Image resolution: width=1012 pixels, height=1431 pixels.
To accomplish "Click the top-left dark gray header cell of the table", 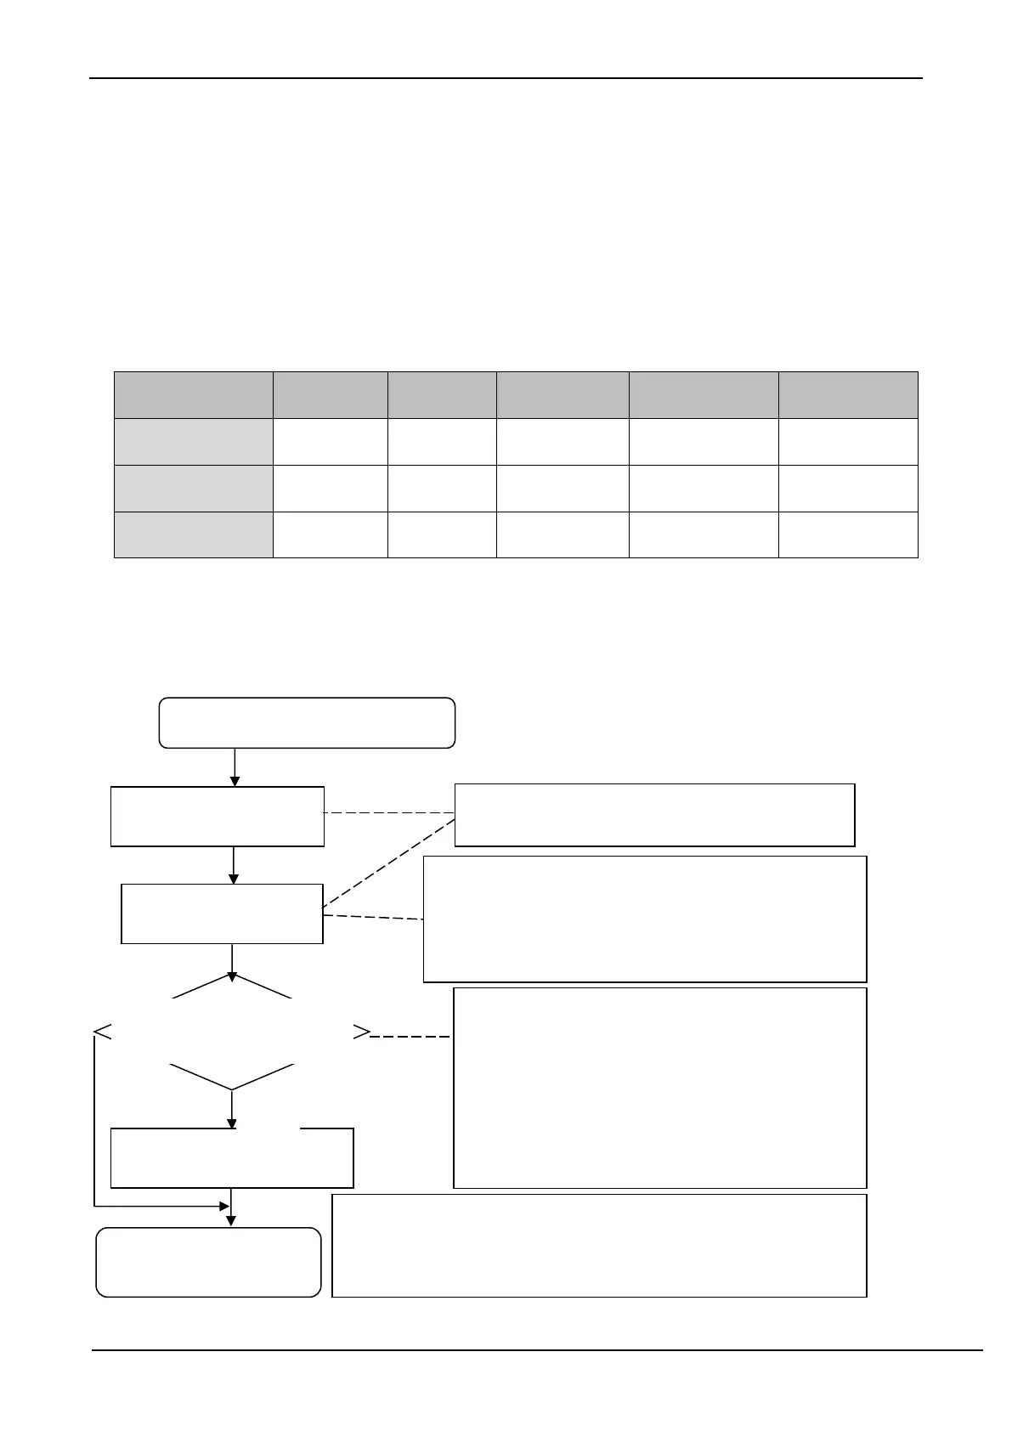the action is [x=193, y=394].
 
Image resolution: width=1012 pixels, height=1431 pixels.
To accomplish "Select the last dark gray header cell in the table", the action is [x=847, y=394].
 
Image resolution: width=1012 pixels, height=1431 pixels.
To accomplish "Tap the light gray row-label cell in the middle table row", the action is [x=193, y=488].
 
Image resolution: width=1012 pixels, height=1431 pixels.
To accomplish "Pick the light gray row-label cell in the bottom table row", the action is [x=193, y=535].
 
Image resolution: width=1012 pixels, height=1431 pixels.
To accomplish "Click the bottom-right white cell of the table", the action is [x=847, y=535].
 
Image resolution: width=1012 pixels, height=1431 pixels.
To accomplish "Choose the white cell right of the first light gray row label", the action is [x=330, y=441].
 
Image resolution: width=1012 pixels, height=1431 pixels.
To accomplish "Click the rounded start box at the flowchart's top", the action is [x=307, y=723].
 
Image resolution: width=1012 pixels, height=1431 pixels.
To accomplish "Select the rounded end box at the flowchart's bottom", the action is [x=208, y=1262].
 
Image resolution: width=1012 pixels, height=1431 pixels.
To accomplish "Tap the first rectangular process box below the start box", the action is [x=217, y=816].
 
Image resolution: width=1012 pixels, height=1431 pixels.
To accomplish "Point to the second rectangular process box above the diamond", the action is [x=222, y=913].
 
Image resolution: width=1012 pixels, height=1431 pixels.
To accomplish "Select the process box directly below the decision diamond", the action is [x=231, y=1157].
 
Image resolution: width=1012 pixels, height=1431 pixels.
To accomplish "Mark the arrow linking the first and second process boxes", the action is [x=233, y=865].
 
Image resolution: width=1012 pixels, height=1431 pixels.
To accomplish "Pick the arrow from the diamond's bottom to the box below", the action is [x=231, y=1109].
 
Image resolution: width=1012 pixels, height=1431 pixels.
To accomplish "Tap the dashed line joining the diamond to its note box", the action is [x=412, y=1037].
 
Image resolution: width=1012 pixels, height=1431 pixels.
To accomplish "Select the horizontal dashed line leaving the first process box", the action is [x=389, y=813].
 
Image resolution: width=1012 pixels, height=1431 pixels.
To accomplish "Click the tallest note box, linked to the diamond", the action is [x=659, y=1088].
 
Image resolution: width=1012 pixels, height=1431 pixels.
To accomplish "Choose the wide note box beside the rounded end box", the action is [x=598, y=1245].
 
